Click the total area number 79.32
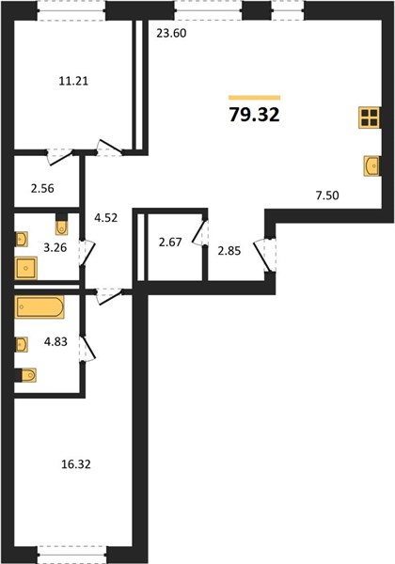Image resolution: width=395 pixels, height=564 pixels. [254, 115]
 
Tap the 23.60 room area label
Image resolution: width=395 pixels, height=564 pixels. [171, 34]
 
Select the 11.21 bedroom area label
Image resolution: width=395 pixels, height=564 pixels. [73, 81]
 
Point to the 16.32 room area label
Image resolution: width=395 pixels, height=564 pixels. [76, 464]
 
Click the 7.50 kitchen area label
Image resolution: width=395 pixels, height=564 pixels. [327, 196]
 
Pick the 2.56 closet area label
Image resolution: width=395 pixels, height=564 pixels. [42, 189]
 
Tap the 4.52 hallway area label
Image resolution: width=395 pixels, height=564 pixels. [105, 218]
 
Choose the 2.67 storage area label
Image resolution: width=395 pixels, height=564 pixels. [170, 243]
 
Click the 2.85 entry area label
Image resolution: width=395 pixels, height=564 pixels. [229, 251]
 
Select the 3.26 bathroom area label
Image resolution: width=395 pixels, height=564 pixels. [55, 248]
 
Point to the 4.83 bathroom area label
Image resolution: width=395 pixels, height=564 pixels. [55, 341]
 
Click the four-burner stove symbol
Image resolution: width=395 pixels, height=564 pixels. [370, 117]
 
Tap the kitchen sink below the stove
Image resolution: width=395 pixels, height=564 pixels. [372, 165]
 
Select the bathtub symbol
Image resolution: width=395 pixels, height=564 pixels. [39, 306]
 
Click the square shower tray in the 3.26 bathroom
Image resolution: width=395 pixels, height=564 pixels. [26, 268]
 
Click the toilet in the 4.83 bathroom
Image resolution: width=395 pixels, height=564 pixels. [28, 375]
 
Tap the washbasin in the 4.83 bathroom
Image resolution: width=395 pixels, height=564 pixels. [22, 344]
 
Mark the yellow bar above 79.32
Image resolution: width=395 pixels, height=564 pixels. [254, 98]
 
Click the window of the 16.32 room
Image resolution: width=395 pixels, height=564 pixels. [72, 554]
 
